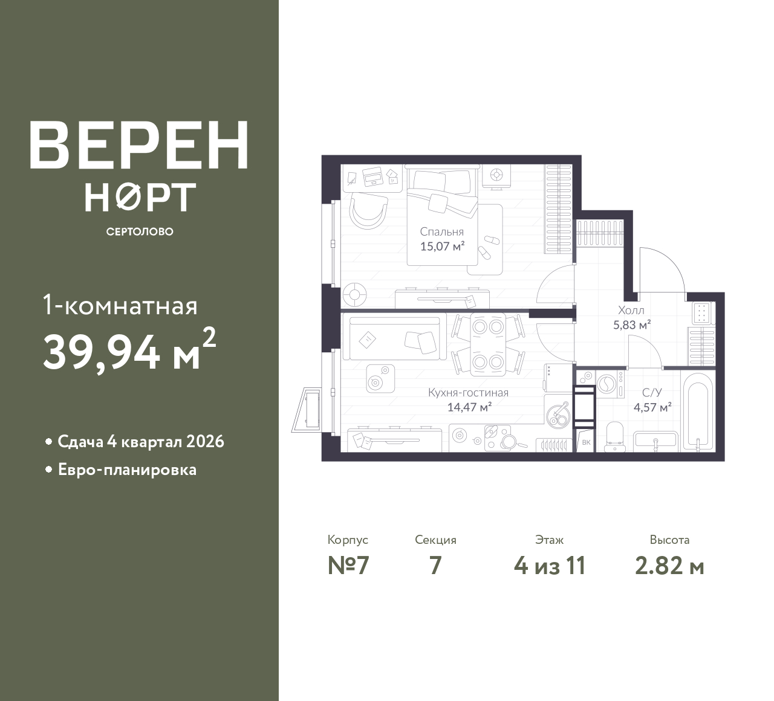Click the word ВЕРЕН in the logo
[139, 145]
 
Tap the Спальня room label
[442, 232]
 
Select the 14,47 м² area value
[469, 407]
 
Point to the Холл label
[631, 311]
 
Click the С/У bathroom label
[652, 393]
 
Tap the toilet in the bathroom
[615, 436]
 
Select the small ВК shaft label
[586, 442]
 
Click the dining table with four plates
[488, 344]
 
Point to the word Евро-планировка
[127, 470]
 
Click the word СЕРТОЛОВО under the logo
[140, 231]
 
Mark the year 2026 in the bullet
[205, 442]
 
